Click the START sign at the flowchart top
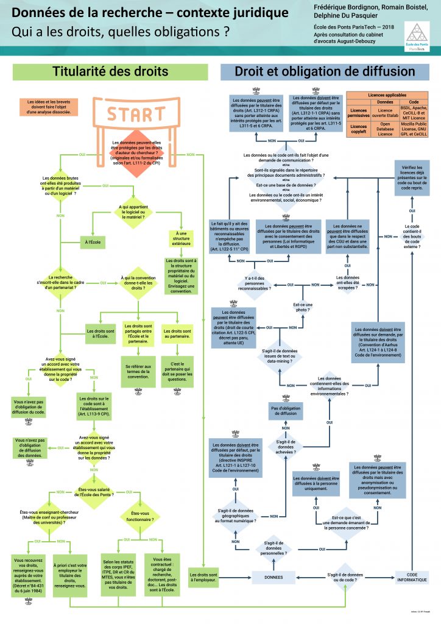[136, 115]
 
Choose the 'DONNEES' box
[272, 576]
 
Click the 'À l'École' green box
[94, 242]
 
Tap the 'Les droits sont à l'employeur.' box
[204, 575]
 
